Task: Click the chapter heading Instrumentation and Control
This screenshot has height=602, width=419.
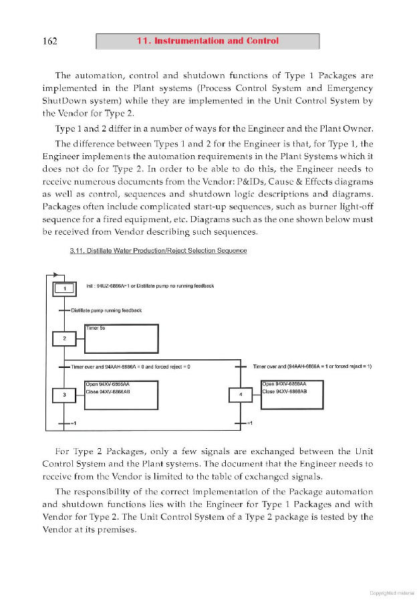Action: pos(207,41)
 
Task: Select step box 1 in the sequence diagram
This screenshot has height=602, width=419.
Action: pos(65,288)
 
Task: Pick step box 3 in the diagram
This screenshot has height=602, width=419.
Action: pos(64,395)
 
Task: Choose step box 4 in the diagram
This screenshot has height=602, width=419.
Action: pos(241,395)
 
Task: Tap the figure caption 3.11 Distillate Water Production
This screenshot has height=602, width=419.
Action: pos(158,251)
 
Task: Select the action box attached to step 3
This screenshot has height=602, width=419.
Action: pos(121,395)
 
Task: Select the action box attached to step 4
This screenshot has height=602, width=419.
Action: pos(291,394)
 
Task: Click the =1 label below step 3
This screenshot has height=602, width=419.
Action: pos(75,424)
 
